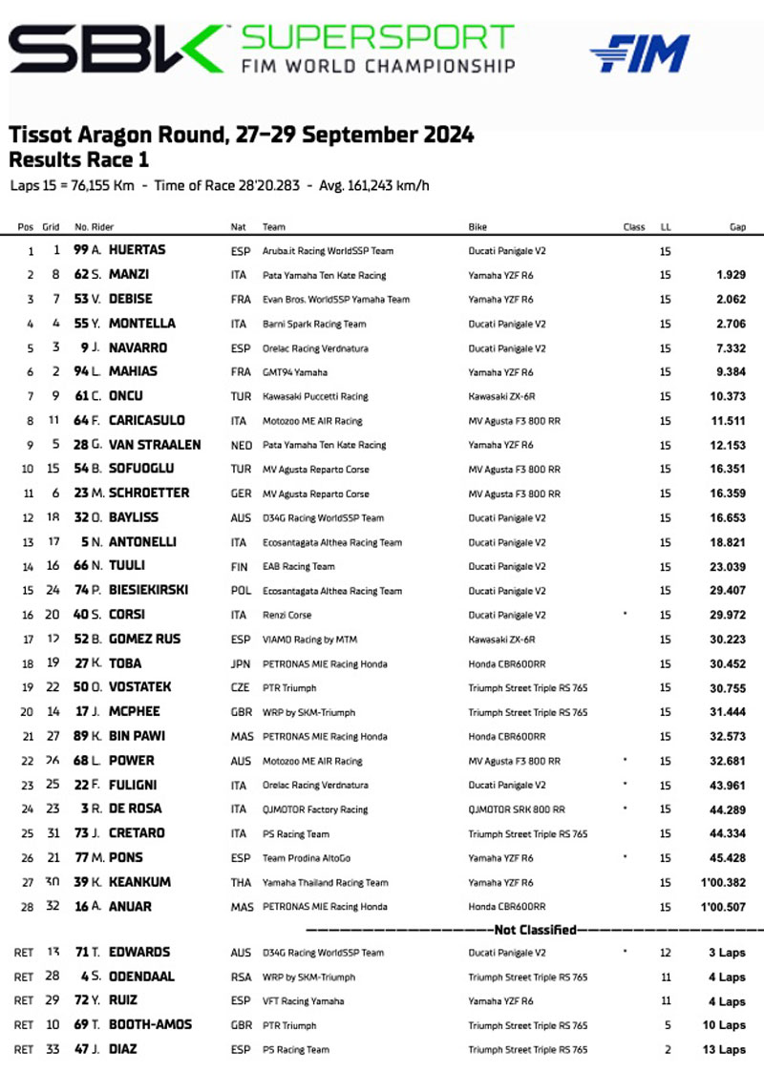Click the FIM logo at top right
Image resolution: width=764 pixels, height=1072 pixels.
pos(640,53)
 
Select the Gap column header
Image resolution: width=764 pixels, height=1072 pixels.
pos(737,227)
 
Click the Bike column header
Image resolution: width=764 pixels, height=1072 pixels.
pos(477,227)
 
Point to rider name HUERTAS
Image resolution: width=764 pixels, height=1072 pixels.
pos(137,250)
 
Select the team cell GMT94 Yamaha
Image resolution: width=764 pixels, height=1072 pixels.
pos(295,372)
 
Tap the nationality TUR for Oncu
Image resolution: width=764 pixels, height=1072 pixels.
pos(240,396)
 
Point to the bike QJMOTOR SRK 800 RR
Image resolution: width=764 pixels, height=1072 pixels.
pos(517,809)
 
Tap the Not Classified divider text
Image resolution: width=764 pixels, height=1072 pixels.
pos(535,930)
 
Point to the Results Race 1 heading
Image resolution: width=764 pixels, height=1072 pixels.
pos(78,159)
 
